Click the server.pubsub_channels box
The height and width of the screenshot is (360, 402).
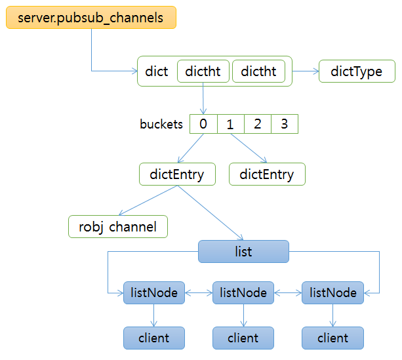(91, 18)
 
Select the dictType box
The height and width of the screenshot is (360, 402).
(357, 71)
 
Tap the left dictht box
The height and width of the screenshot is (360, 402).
(203, 71)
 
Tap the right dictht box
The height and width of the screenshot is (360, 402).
(259, 71)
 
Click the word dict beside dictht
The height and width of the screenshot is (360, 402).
(157, 71)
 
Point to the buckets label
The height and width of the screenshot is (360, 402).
(161, 124)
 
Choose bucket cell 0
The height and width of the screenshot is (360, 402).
(203, 124)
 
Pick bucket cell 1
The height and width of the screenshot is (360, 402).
(230, 124)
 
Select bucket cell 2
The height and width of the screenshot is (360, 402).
(257, 124)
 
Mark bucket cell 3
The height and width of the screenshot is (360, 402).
(284, 124)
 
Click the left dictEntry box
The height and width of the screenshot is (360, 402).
(176, 174)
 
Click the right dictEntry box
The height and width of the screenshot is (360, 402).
(267, 174)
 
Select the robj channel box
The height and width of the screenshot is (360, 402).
(118, 227)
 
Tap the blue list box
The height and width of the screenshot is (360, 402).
(243, 251)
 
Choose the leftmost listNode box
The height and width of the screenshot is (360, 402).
(154, 292)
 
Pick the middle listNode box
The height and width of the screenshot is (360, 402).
(243, 292)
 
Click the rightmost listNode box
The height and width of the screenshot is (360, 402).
(332, 292)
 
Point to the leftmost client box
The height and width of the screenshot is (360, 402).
(154, 338)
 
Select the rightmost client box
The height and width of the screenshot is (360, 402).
(332, 338)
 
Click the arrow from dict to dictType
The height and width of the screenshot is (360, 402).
(305, 71)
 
